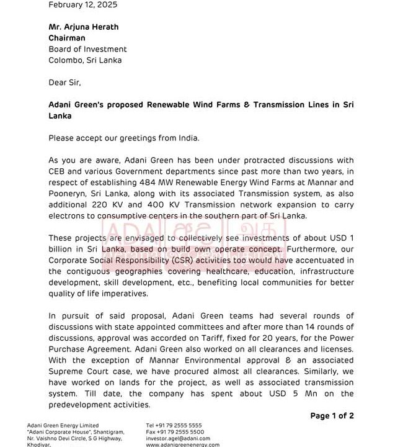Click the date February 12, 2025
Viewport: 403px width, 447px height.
coord(82,5)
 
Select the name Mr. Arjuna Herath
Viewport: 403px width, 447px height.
coord(84,27)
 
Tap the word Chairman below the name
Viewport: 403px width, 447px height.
coord(67,38)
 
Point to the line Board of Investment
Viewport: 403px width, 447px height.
coord(87,49)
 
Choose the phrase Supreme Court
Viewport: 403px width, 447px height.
coord(81,372)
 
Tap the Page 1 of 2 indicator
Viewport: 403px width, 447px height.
coord(332,416)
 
